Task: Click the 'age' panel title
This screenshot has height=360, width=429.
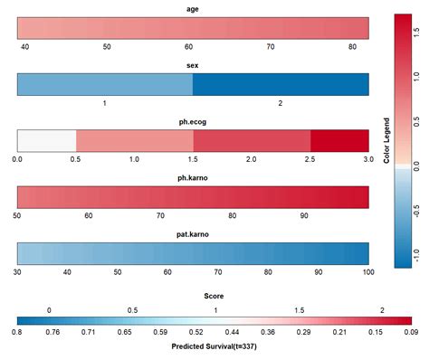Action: click(x=193, y=9)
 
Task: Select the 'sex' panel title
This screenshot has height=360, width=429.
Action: click(x=193, y=66)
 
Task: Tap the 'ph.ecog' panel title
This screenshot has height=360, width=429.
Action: click(x=193, y=122)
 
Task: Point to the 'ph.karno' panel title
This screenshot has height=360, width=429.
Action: click(x=193, y=178)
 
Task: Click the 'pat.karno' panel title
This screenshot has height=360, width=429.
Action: click(x=193, y=234)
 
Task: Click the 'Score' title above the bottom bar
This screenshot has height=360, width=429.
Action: click(x=214, y=295)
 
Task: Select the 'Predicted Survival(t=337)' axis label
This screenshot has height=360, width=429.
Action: click(x=214, y=346)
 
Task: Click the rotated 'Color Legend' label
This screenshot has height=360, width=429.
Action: click(x=386, y=140)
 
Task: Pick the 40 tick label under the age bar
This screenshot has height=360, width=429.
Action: click(x=25, y=46)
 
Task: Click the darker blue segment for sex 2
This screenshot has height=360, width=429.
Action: click(x=281, y=85)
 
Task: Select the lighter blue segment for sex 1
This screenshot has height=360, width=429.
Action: click(x=105, y=85)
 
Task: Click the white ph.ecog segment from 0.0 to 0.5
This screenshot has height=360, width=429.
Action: click(x=46, y=141)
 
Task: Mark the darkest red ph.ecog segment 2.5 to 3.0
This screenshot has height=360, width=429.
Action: click(x=339, y=141)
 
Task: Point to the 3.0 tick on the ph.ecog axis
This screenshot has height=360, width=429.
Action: click(x=368, y=159)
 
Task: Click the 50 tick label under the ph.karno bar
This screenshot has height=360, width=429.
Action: click(x=17, y=216)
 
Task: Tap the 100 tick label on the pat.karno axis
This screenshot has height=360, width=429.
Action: click(x=367, y=272)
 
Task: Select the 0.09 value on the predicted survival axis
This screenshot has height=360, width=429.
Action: click(x=411, y=332)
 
